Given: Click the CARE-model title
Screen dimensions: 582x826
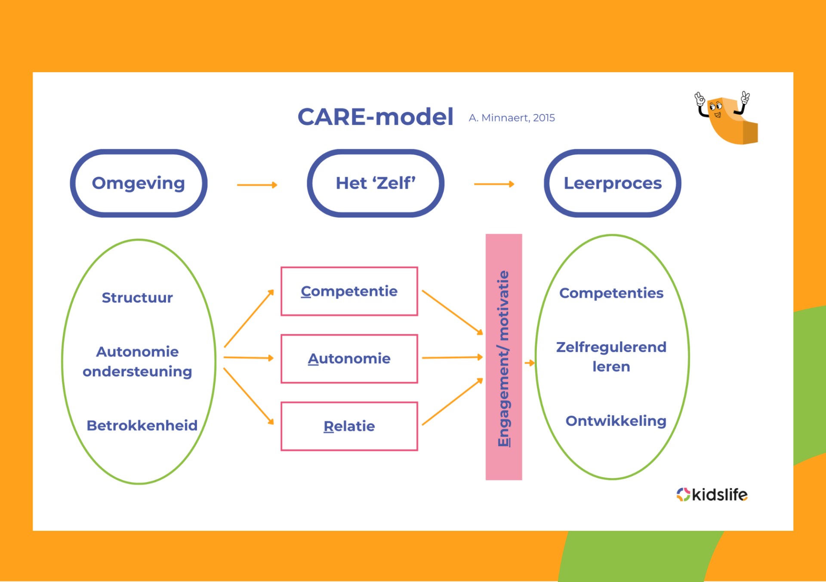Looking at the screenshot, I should pos(375,117).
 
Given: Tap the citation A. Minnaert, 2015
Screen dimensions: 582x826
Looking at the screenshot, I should pos(512,118).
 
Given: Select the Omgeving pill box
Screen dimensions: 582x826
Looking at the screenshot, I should pos(139,183).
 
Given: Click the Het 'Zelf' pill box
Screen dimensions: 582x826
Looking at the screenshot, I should pos(375,183).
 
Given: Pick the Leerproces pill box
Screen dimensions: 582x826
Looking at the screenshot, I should pos(612,183).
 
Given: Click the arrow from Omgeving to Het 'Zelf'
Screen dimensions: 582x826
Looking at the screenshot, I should pos(257,185).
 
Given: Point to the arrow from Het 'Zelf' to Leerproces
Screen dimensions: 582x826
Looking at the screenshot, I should pos(494,184).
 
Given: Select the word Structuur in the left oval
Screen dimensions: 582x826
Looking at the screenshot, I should pos(137,297).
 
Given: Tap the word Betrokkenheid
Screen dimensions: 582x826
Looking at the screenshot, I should pos(142,425).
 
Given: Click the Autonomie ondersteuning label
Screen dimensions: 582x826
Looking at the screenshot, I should pos(137,361).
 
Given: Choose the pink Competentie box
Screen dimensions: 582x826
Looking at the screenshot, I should pos(349,291).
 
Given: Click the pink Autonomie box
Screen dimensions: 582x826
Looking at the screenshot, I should pos(349,358).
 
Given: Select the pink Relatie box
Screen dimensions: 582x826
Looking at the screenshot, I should pos(349,426).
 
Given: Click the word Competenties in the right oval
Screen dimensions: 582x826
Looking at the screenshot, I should pos(611,293).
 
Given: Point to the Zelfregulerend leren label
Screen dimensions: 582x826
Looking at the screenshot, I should pos(611,357).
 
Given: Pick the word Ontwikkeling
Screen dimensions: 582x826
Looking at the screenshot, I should pos(616,421).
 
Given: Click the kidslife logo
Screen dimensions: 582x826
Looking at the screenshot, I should pos(712,494).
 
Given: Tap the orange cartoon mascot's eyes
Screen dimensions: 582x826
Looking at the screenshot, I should pos(715,106).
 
